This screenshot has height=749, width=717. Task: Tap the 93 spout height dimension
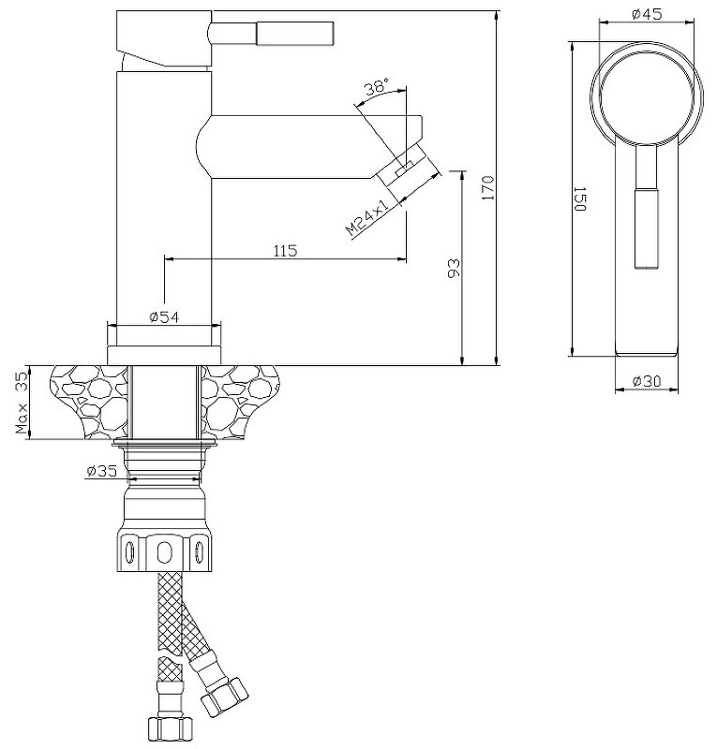(454, 270)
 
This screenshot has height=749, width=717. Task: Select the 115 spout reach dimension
(285, 250)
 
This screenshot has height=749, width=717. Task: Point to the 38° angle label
(376, 89)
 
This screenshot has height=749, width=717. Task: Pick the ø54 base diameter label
(164, 317)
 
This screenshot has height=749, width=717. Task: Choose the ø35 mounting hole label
(100, 472)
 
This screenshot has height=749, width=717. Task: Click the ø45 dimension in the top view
(648, 14)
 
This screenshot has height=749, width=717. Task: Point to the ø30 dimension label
(648, 381)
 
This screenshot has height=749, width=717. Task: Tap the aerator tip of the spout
(411, 172)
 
